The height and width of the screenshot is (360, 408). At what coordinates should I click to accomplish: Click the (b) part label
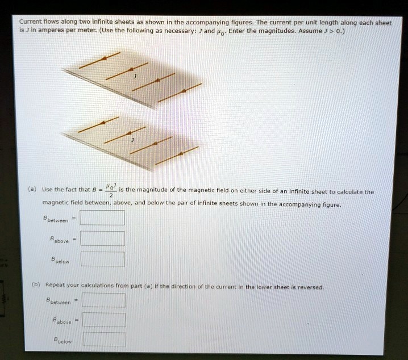pyautogui.click(x=34, y=287)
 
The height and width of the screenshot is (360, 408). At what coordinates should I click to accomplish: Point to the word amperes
pyautogui.click(x=40, y=31)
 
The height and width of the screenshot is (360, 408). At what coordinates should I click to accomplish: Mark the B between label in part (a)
pyautogui.click(x=56, y=219)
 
